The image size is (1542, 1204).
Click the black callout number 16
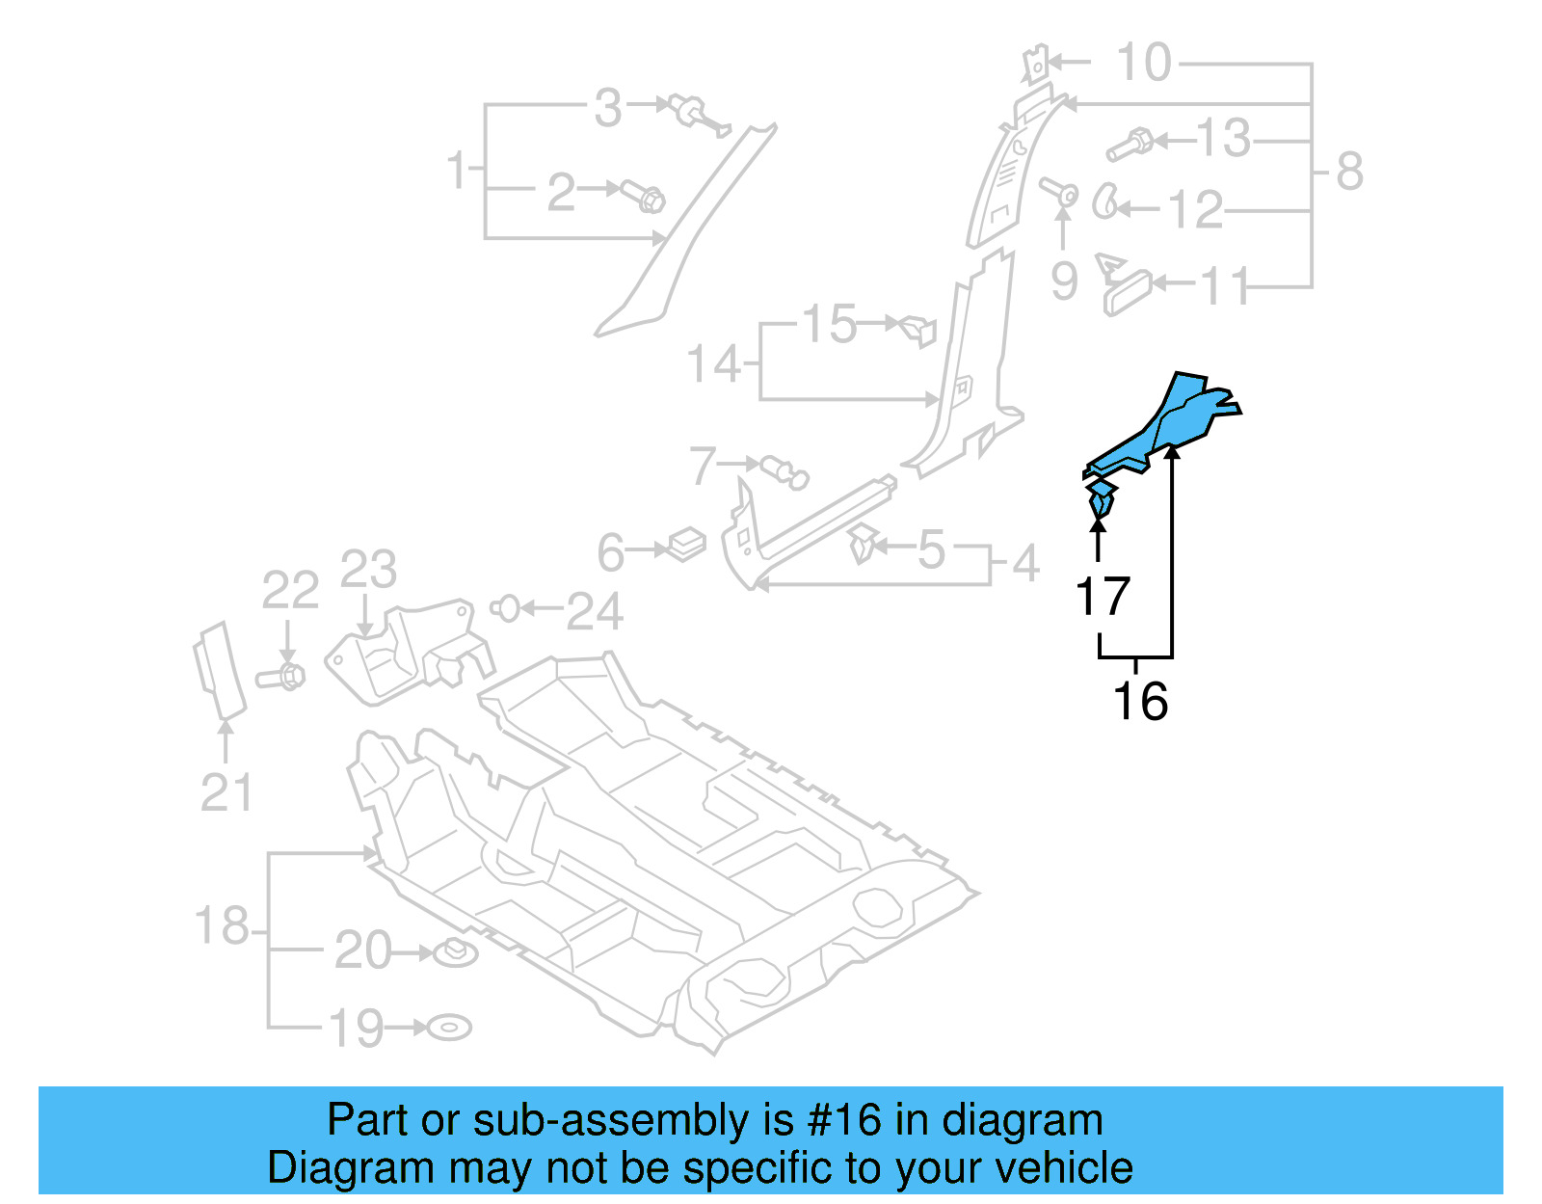(x=1140, y=701)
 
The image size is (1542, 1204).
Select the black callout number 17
(x=1103, y=597)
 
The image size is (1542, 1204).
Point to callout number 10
(x=1143, y=63)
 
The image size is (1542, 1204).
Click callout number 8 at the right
(x=1349, y=172)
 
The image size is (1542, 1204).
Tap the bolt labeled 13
(x=1130, y=145)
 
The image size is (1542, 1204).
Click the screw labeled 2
(x=644, y=197)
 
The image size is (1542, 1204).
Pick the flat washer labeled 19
(x=449, y=1028)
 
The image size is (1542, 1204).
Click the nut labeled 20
(x=455, y=953)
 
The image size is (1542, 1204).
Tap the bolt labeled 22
(x=282, y=676)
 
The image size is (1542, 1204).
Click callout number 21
(x=226, y=792)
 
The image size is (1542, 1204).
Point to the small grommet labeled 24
(x=505, y=608)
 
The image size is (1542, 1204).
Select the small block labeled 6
(x=686, y=544)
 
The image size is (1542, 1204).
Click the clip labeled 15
(x=917, y=329)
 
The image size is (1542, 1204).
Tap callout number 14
(x=713, y=364)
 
